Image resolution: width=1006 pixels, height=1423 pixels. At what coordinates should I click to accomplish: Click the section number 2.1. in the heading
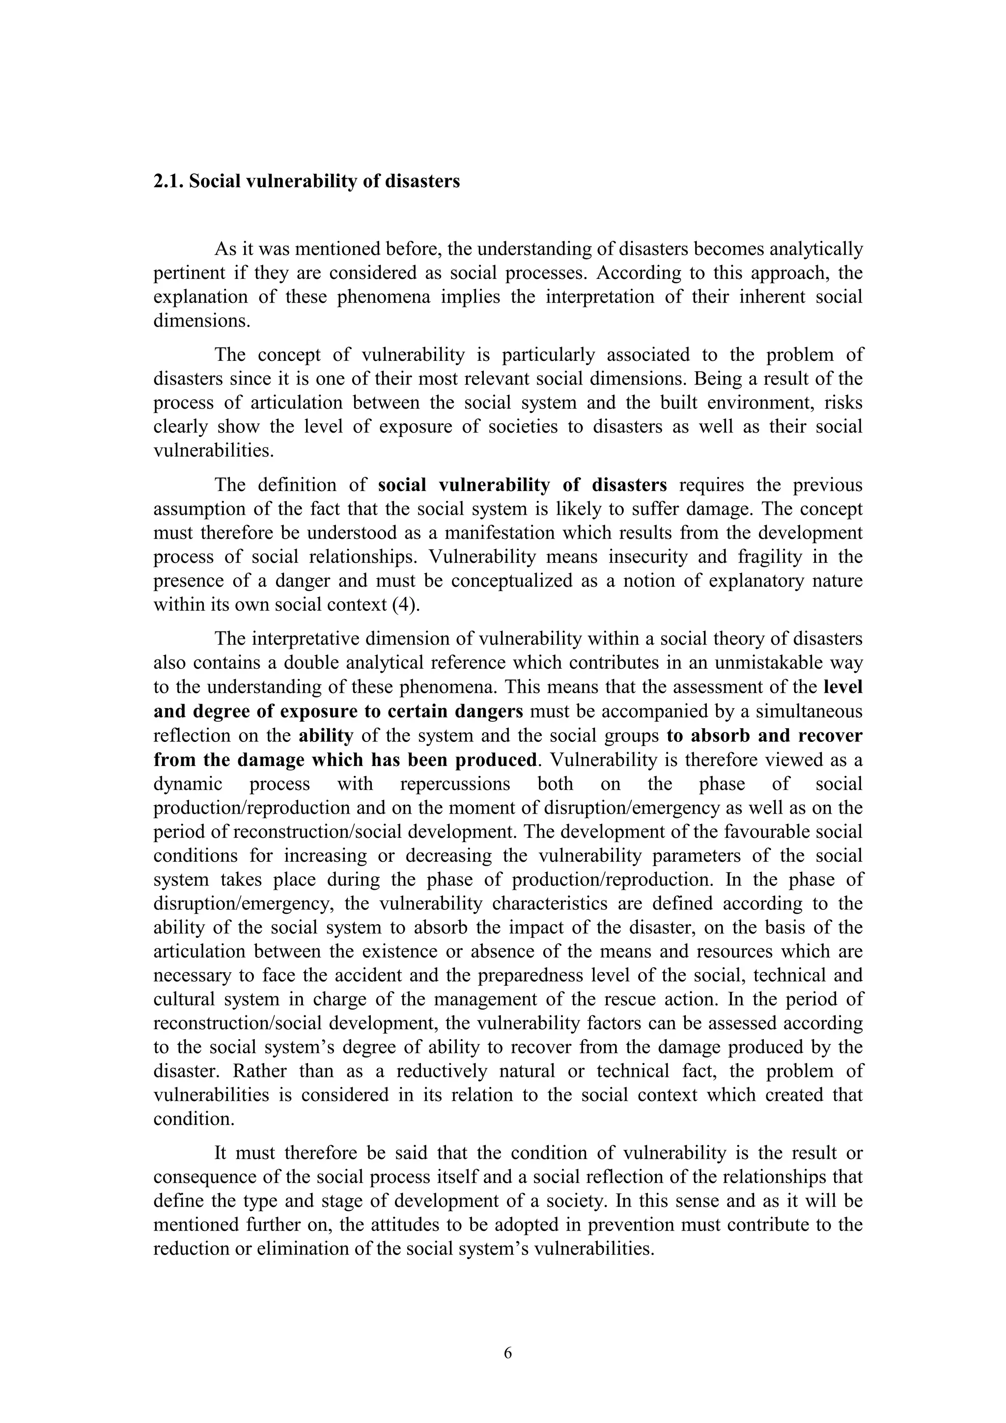[168, 182]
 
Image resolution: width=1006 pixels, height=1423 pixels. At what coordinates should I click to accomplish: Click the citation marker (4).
[407, 604]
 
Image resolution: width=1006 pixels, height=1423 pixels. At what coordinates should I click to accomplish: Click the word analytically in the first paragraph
[816, 249]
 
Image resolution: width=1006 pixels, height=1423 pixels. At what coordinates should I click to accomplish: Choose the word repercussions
[455, 784]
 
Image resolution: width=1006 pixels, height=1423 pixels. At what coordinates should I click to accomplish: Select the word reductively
[444, 1071]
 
